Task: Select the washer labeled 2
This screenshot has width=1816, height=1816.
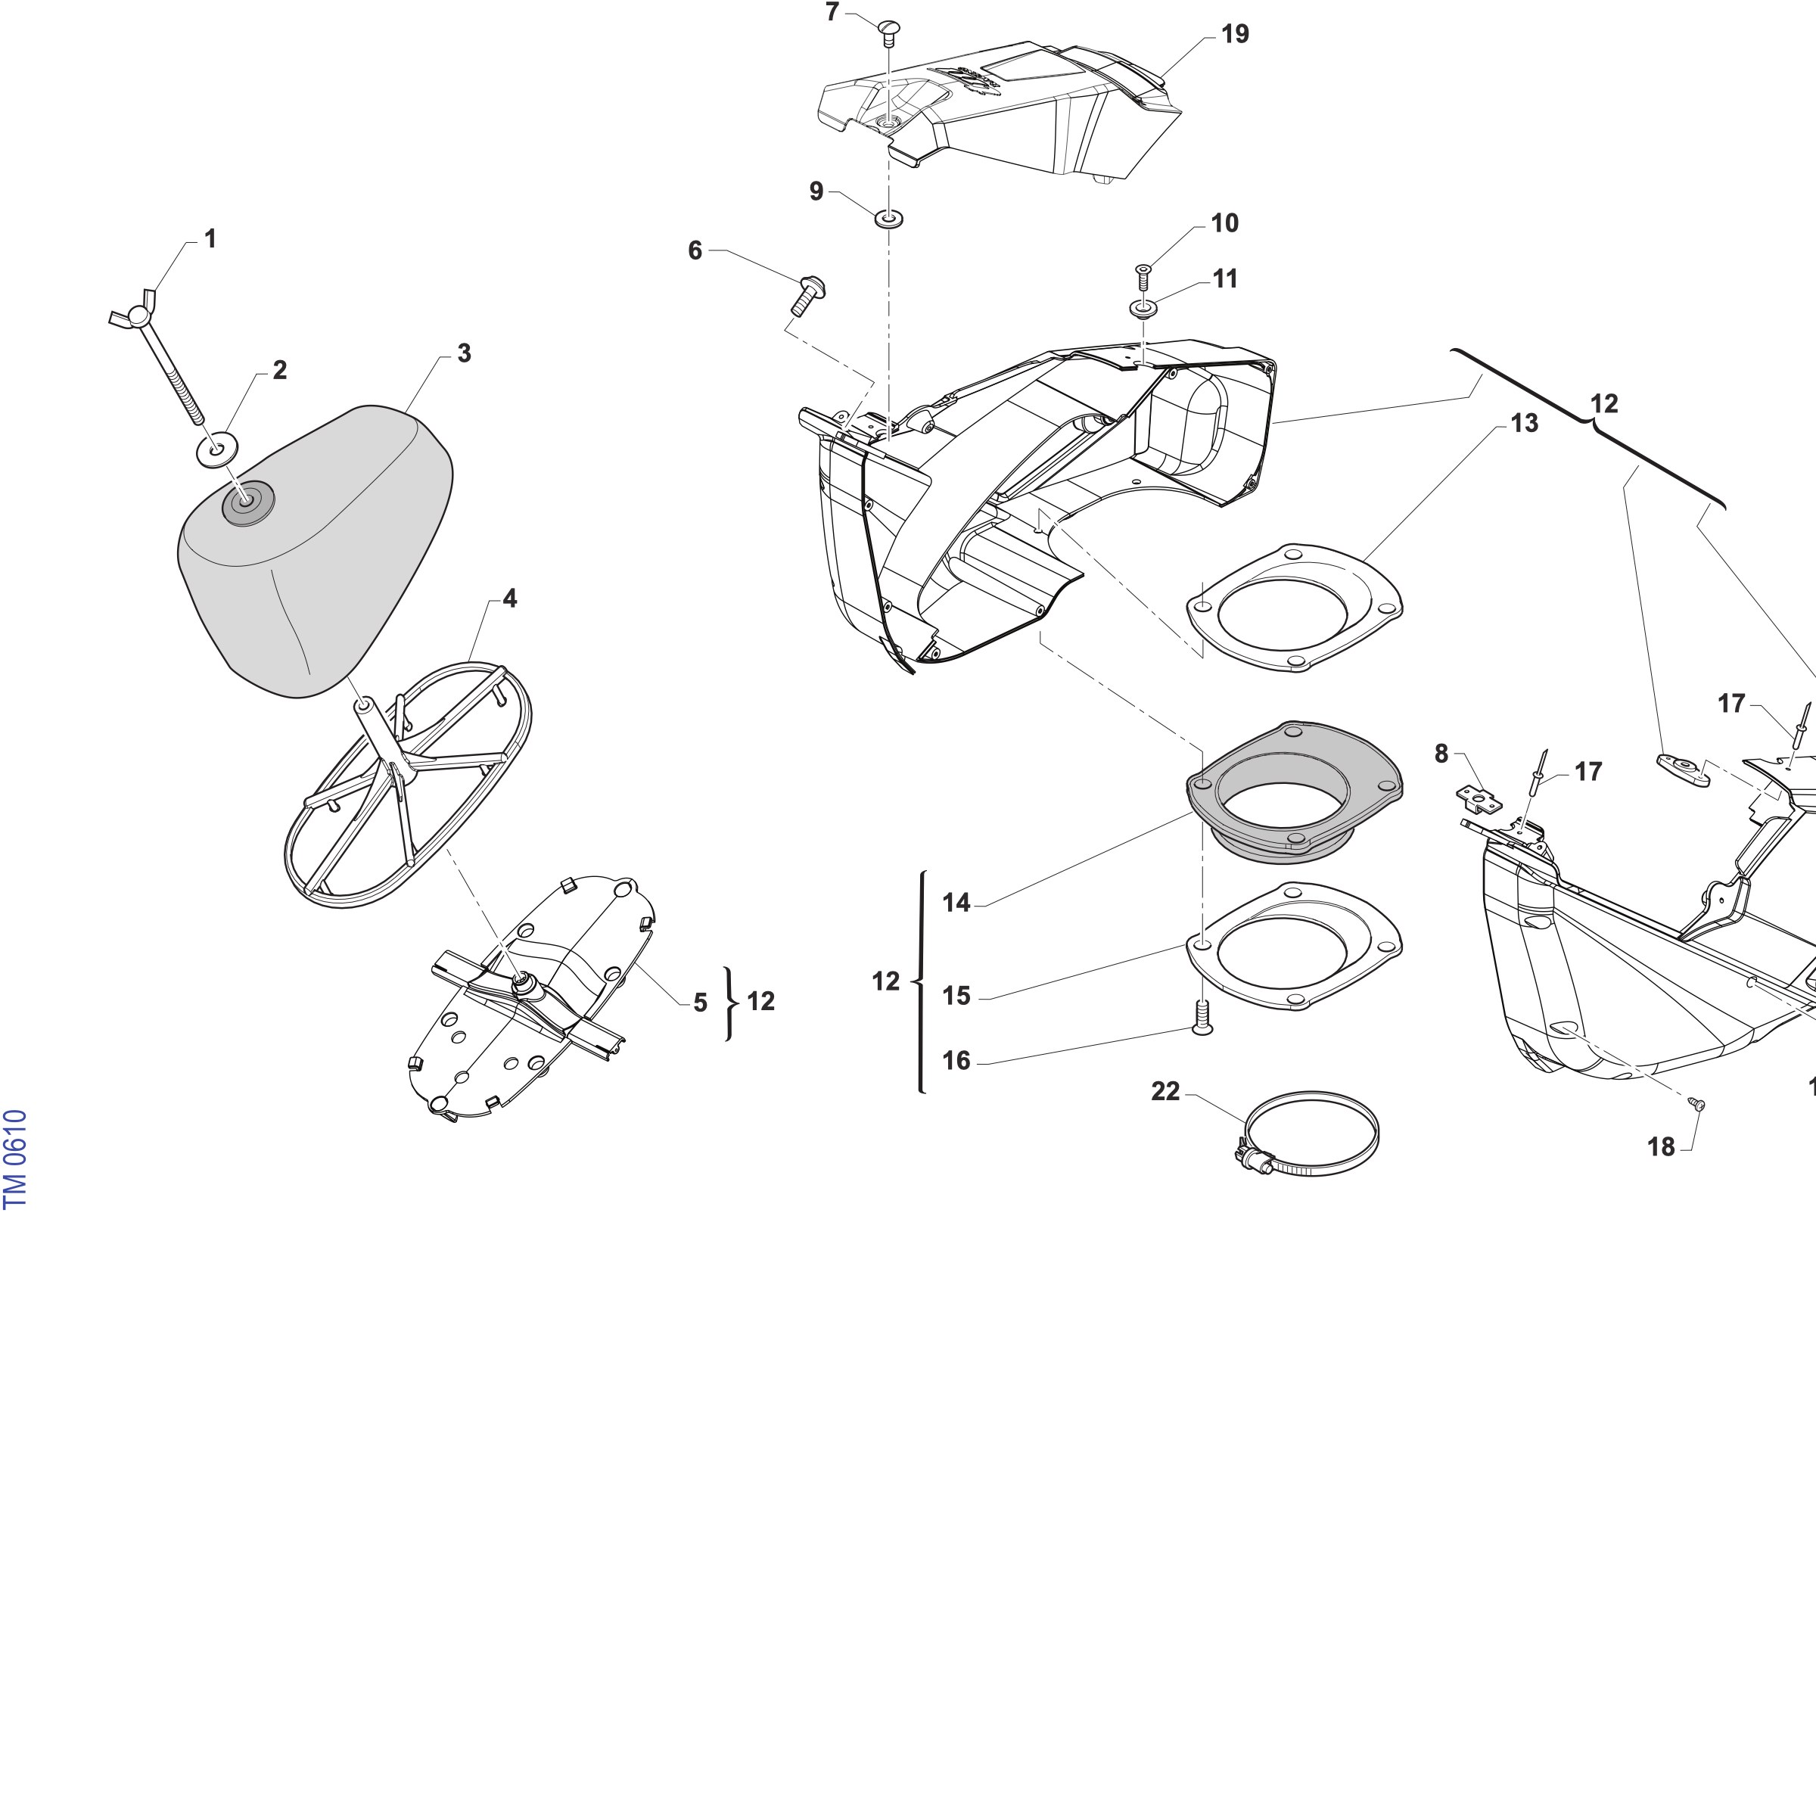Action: (x=216, y=449)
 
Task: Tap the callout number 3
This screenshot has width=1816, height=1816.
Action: (x=465, y=353)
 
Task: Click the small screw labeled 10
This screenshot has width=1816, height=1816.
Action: (x=1144, y=278)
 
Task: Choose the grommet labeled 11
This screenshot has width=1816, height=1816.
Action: (x=1143, y=308)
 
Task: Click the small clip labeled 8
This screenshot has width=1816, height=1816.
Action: (x=1479, y=799)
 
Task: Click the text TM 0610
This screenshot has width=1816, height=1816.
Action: (x=15, y=1159)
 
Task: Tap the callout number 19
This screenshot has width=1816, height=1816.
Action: (x=1235, y=34)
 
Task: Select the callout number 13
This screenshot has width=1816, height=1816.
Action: (x=1525, y=423)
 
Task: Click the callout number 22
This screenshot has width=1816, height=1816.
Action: (x=1165, y=1091)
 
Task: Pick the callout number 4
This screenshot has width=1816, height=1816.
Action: (x=509, y=598)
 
